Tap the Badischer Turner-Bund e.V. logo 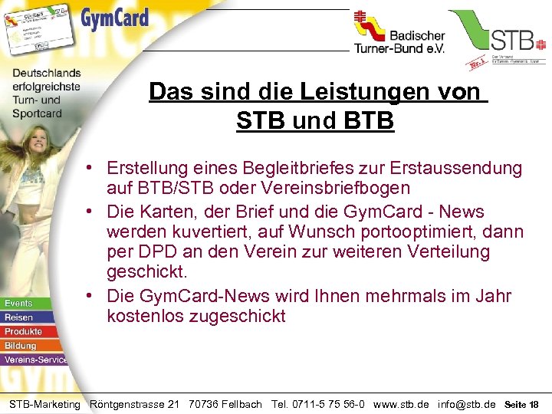click(x=399, y=34)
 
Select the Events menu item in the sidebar click(x=19, y=304)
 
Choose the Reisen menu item click(x=19, y=317)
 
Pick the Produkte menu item click(x=24, y=331)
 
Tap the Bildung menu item click(x=21, y=345)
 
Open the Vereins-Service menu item click(x=35, y=359)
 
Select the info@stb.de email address click(x=466, y=404)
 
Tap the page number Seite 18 click(x=523, y=404)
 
